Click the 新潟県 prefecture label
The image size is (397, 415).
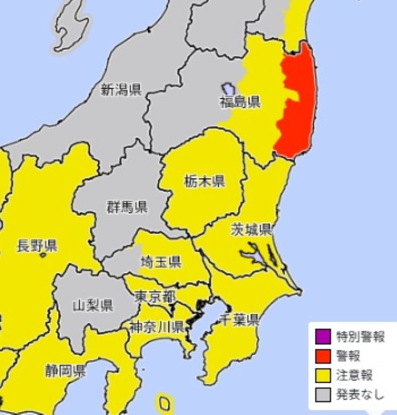click(x=121, y=90)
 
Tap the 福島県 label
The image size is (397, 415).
click(x=241, y=103)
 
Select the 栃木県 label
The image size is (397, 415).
click(x=204, y=181)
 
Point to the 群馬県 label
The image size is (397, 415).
click(x=127, y=207)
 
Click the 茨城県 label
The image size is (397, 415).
click(x=251, y=229)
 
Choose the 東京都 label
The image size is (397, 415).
click(x=155, y=297)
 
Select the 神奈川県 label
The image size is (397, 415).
click(x=157, y=326)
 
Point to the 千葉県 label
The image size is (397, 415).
click(x=240, y=320)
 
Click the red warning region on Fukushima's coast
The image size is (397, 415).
click(x=298, y=104)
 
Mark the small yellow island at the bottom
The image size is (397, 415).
click(x=164, y=402)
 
